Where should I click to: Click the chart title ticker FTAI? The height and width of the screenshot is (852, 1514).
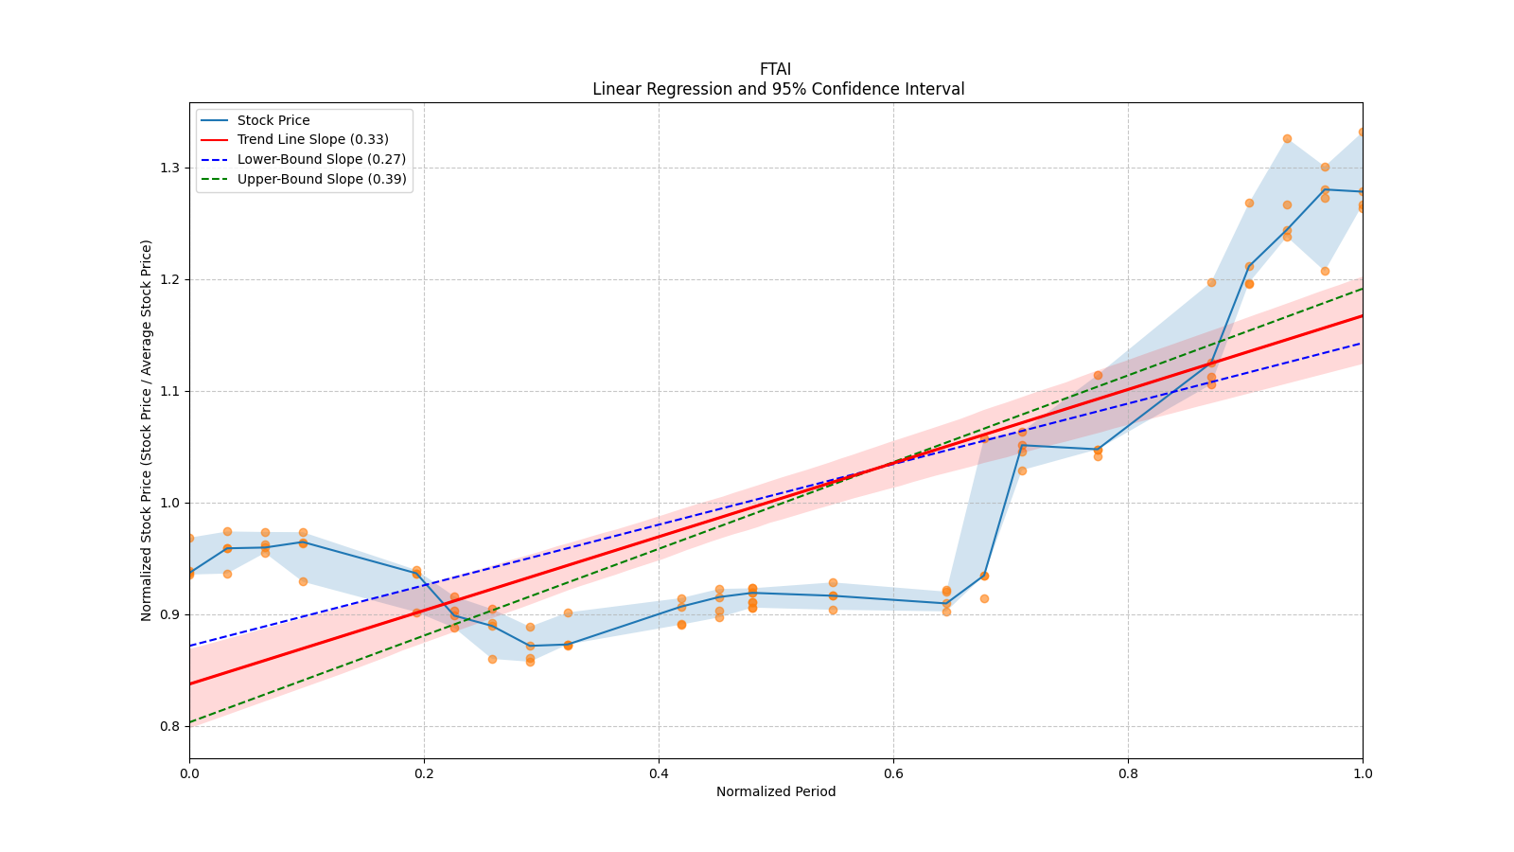click(x=775, y=69)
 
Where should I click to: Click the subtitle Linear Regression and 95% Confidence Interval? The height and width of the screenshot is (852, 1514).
click(x=778, y=89)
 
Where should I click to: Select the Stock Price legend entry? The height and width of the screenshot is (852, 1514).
click(x=273, y=120)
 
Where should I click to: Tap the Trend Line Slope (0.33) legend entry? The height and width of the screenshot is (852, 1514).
click(x=312, y=140)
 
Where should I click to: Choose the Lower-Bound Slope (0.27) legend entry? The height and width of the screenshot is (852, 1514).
click(x=321, y=160)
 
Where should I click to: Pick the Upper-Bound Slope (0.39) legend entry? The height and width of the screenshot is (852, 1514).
click(x=322, y=179)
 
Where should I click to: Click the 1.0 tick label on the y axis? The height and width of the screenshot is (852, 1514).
click(x=171, y=503)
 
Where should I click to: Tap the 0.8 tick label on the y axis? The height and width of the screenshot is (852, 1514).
click(x=171, y=726)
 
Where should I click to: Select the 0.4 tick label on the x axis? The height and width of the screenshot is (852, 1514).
click(x=659, y=773)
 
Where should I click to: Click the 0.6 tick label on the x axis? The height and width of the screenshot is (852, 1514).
click(x=893, y=773)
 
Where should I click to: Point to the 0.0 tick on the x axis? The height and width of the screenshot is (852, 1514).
click(x=189, y=773)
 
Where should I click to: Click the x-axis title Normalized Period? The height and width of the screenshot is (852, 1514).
click(x=776, y=791)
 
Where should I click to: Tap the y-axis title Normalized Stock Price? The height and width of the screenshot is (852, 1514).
click(x=147, y=430)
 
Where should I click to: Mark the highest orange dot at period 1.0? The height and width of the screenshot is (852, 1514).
click(x=1362, y=133)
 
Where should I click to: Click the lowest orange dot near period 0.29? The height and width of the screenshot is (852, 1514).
click(x=530, y=662)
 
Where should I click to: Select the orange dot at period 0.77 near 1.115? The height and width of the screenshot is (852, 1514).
click(x=1098, y=375)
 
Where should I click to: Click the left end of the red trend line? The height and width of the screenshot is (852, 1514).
click(x=190, y=683)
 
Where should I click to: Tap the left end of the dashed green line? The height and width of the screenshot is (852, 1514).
click(x=190, y=722)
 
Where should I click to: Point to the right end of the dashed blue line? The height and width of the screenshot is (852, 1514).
click(x=1362, y=343)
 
